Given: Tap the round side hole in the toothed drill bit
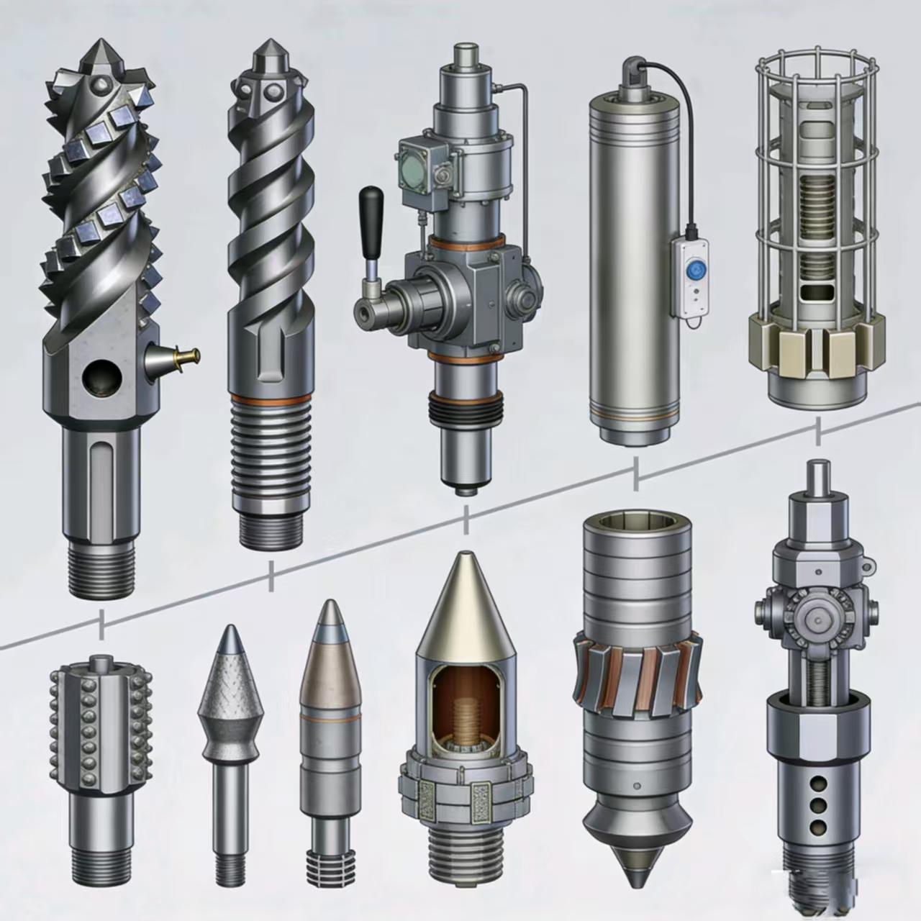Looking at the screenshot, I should tap(99, 377).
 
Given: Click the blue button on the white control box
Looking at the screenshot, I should tap(695, 270).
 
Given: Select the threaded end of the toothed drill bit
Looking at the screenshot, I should tap(101, 568).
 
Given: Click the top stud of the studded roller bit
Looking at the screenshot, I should tap(100, 660).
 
